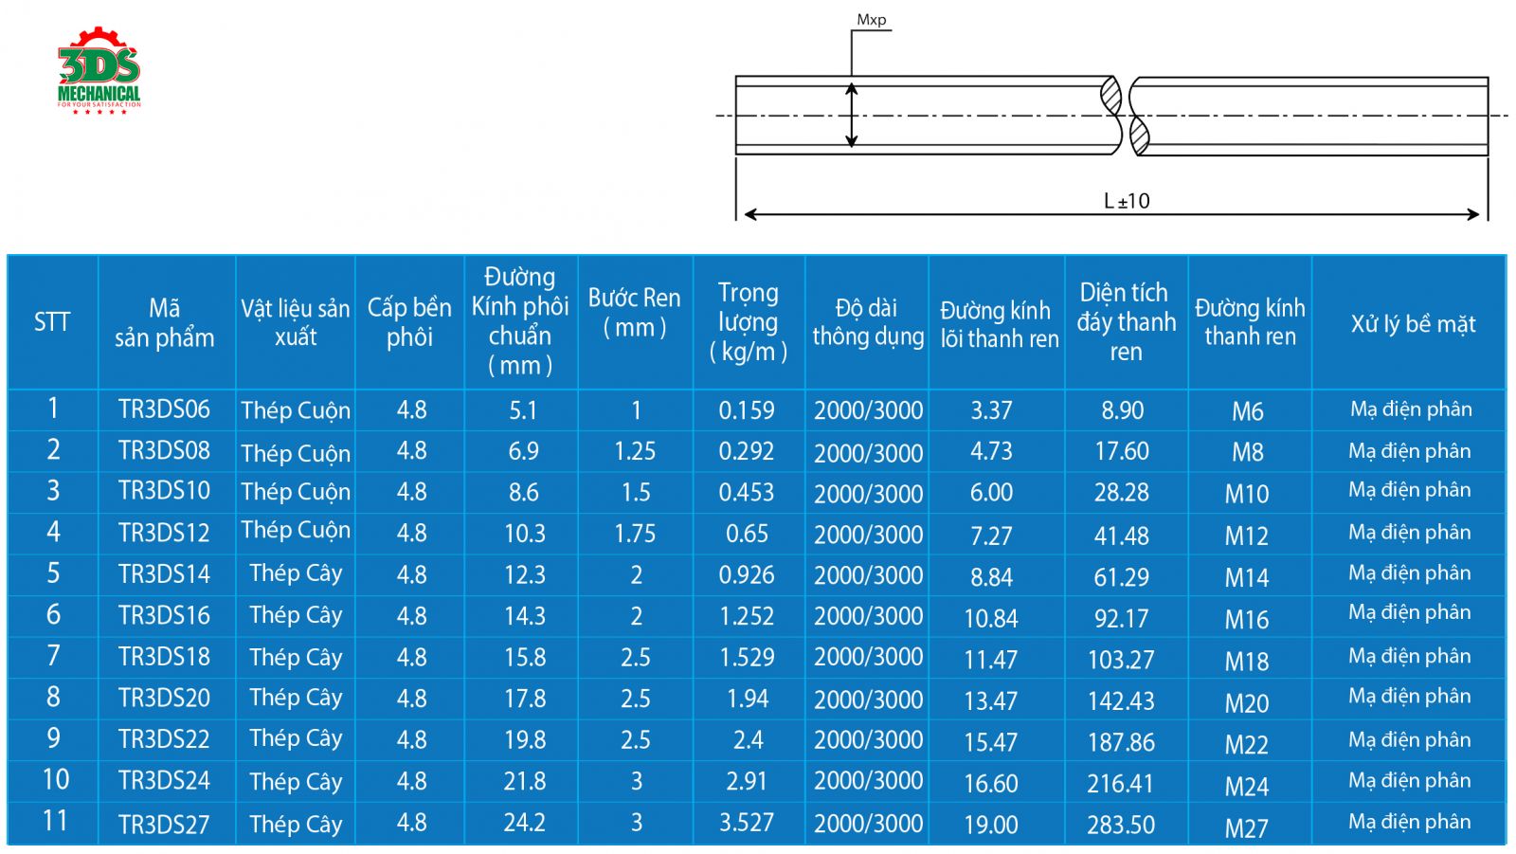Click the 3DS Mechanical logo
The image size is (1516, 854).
click(x=99, y=70)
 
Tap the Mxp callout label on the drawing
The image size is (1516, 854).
click(x=871, y=20)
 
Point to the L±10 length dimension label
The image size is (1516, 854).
click(x=1127, y=200)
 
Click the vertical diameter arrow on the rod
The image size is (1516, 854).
click(x=852, y=115)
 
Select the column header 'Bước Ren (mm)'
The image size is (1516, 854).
click(x=634, y=312)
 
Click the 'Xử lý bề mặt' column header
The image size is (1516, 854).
click(x=1413, y=324)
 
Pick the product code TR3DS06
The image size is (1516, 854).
click(x=165, y=409)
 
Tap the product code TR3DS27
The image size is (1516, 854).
click(x=165, y=825)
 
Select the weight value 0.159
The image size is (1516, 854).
click(x=747, y=409)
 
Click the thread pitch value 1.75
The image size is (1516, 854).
click(x=635, y=534)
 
